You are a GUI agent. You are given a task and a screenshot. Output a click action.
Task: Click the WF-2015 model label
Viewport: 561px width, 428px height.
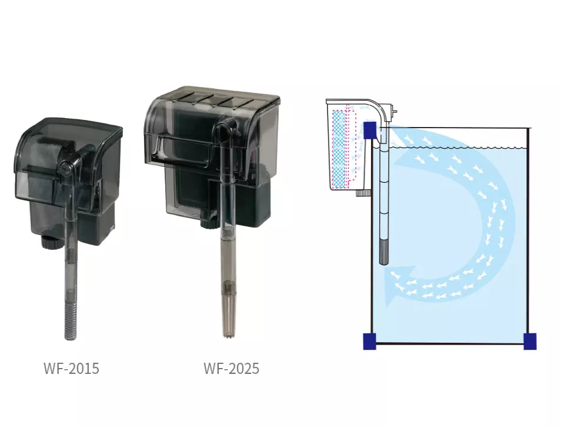point(71,369)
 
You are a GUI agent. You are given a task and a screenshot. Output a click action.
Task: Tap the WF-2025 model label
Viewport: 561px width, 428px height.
point(231,369)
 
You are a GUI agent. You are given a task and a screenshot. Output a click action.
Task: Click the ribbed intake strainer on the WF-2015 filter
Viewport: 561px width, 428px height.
point(71,321)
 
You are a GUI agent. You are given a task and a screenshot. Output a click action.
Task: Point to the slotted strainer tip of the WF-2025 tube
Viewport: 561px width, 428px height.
point(227,317)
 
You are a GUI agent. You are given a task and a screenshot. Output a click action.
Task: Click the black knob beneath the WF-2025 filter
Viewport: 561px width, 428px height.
point(206,222)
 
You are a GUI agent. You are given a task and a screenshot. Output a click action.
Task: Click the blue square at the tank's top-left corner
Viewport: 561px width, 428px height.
point(370,131)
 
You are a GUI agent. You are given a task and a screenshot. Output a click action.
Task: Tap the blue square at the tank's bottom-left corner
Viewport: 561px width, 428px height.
point(369,341)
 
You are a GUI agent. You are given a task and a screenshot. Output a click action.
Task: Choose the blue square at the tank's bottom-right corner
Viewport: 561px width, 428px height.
point(529,341)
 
